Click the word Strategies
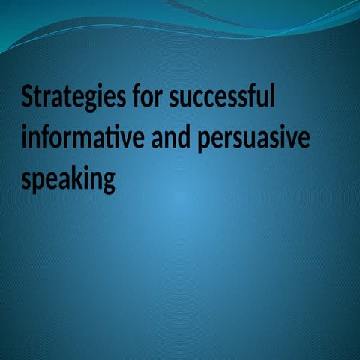74,98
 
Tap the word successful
223,98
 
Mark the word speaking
68,181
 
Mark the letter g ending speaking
109,184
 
